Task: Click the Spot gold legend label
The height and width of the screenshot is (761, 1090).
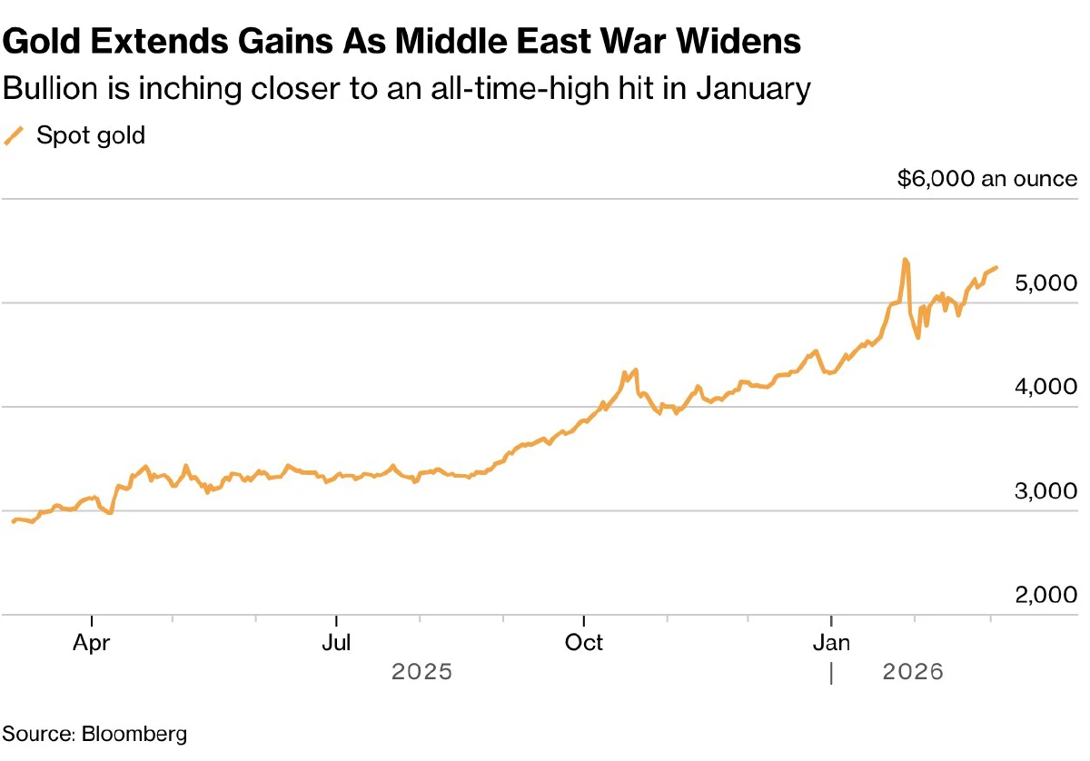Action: coord(91,136)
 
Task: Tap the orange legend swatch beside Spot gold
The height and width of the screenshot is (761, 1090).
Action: coord(14,136)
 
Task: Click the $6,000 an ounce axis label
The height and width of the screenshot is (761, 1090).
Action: coord(986,179)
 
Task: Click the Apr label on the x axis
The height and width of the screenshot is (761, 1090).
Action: coord(92,643)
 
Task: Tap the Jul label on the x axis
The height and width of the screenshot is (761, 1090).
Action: coord(336,643)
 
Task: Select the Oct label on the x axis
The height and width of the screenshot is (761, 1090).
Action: coord(583,643)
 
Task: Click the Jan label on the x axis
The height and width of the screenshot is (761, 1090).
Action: coord(830,643)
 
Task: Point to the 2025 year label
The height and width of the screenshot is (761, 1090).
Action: coord(421,673)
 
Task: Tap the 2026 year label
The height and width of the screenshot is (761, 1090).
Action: coord(913,673)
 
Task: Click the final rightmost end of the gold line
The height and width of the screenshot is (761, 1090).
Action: coord(996,268)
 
